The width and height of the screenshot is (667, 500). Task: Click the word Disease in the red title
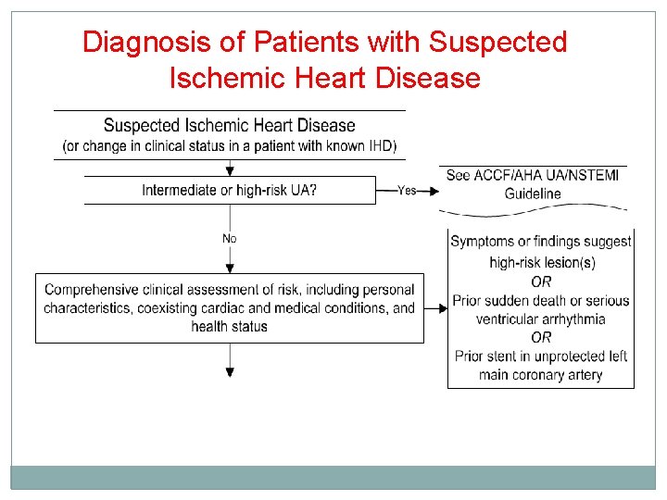[428, 78]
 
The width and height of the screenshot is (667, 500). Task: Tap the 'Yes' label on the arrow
[407, 191]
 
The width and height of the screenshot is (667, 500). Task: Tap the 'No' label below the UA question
[229, 239]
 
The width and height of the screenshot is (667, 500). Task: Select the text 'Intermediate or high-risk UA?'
[230, 191]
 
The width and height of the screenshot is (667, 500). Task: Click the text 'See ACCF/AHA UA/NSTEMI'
[532, 176]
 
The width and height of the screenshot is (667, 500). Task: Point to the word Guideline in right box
[533, 194]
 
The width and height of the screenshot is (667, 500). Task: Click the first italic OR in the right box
[541, 281]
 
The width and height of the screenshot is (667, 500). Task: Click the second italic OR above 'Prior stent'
[541, 337]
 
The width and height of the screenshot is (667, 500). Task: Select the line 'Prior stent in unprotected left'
[541, 356]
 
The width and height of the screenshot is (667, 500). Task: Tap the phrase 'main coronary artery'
[541, 375]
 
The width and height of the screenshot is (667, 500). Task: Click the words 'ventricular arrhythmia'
[541, 319]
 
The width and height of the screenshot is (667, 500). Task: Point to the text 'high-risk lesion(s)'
[542, 262]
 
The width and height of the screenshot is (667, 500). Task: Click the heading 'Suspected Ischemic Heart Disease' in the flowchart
[229, 126]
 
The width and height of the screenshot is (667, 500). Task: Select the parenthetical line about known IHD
[229, 145]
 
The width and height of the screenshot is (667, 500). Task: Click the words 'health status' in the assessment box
[229, 326]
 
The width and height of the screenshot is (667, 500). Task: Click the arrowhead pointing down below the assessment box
[230, 372]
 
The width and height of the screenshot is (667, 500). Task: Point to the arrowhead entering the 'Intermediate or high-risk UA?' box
[230, 170]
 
